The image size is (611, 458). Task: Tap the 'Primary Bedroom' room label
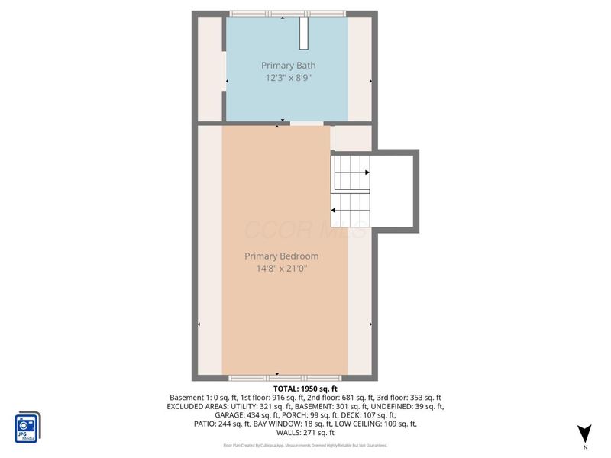click(x=282, y=256)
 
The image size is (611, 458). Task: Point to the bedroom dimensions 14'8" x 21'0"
click(x=282, y=268)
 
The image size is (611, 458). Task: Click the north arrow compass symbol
click(x=584, y=433)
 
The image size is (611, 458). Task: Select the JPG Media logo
click(x=27, y=427)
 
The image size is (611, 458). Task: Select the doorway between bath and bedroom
click(x=307, y=123)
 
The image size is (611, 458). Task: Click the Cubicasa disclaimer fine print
click(x=305, y=445)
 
